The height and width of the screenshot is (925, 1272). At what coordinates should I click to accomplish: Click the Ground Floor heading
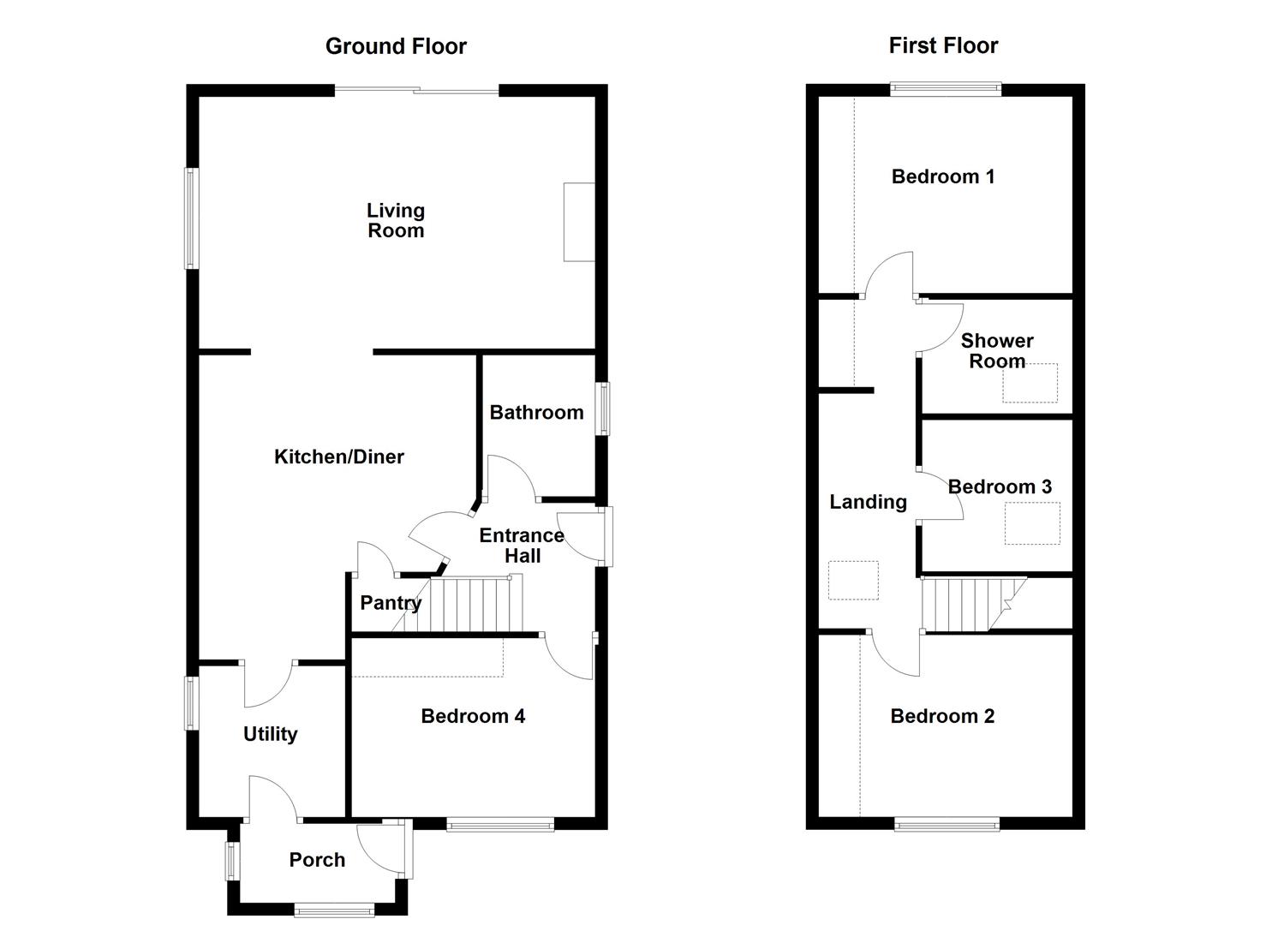tap(396, 46)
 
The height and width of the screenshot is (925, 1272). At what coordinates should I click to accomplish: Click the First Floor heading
tap(943, 45)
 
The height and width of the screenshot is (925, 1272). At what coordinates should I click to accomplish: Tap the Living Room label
tap(396, 220)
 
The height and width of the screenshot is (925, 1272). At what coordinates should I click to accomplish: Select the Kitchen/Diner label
tap(339, 457)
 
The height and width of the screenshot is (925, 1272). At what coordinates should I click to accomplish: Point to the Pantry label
tap(391, 603)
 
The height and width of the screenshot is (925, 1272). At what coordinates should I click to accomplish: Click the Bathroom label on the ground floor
tap(536, 413)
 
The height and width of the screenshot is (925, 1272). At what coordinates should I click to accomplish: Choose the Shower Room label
tap(997, 351)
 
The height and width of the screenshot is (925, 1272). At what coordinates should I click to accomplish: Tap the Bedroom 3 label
tap(1000, 487)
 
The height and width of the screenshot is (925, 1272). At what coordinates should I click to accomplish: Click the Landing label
tap(868, 502)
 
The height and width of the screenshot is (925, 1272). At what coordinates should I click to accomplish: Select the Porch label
tap(317, 860)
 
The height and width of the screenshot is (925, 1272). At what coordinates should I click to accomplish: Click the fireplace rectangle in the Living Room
tap(579, 222)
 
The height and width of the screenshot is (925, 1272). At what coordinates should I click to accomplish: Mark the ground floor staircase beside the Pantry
tap(475, 605)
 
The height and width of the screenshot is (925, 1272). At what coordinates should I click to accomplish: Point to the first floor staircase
tap(968, 604)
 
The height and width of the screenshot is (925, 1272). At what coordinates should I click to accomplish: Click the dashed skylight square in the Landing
tap(853, 581)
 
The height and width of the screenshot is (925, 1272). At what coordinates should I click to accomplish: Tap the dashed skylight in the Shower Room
tap(1030, 383)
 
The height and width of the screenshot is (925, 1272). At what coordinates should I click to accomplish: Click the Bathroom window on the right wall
tap(604, 409)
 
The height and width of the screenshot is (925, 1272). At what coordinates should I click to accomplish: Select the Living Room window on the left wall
tap(192, 218)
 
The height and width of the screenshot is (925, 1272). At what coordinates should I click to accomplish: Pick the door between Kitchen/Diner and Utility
tap(268, 681)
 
